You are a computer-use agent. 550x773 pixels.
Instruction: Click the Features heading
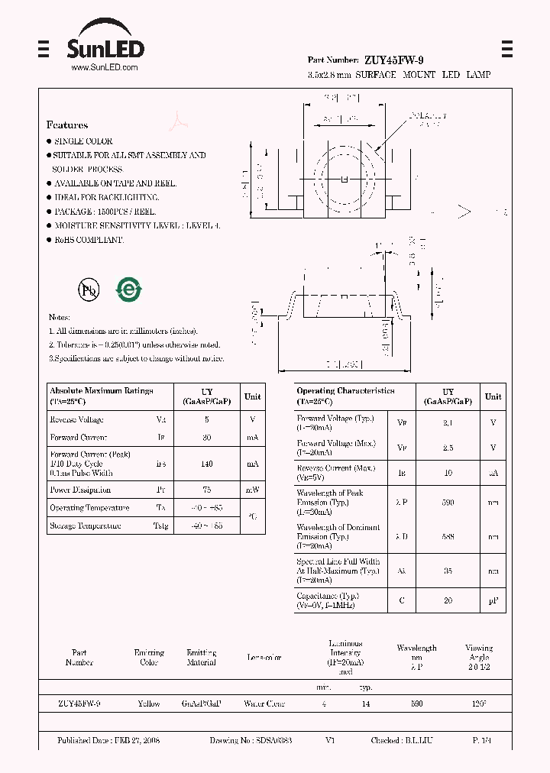pyautogui.click(x=67, y=125)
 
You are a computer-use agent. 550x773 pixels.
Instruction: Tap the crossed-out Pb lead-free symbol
pyautogui.click(x=89, y=289)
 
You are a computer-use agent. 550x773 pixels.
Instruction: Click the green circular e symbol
pyautogui.click(x=128, y=289)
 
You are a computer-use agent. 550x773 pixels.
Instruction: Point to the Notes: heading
pyautogui.click(x=60, y=317)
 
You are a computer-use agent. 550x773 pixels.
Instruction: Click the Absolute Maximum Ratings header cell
pyautogui.click(x=102, y=395)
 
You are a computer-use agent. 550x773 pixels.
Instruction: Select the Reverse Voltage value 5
pyautogui.click(x=207, y=419)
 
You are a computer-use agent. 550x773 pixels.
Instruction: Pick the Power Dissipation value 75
pyautogui.click(x=207, y=490)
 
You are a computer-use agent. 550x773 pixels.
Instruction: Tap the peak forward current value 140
pyautogui.click(x=207, y=464)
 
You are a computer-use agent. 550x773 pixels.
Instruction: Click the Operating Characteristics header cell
pyautogui.click(x=345, y=395)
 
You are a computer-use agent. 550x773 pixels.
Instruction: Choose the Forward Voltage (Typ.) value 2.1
pyautogui.click(x=448, y=422)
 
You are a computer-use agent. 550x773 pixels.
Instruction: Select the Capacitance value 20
pyautogui.click(x=448, y=601)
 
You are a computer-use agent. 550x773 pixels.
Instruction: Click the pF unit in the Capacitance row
pyautogui.click(x=493, y=601)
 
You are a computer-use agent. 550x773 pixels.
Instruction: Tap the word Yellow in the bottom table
pyautogui.click(x=149, y=703)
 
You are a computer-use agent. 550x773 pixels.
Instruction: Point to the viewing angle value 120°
pyautogui.click(x=479, y=703)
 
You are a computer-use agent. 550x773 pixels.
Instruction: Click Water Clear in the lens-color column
pyautogui.click(x=264, y=703)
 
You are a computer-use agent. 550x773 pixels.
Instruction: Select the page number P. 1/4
pyautogui.click(x=481, y=741)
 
